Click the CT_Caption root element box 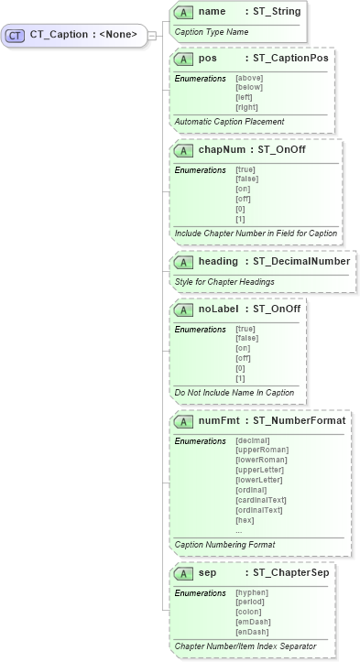pos(74,36)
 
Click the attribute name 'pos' pos(208,58)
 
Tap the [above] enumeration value pos(249,78)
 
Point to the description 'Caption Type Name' pos(211,31)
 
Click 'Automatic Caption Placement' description pos(229,122)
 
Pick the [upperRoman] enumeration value pos(262,450)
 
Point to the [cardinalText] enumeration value pos(260,500)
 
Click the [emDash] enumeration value pos(251,622)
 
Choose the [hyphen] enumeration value pos(251,592)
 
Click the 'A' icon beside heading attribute pos(182,262)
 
